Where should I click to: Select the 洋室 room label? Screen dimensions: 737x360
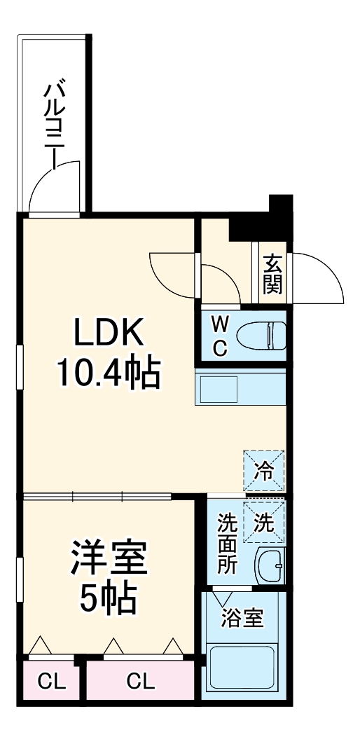click(109, 558)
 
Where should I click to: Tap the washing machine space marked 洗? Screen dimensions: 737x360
click(265, 522)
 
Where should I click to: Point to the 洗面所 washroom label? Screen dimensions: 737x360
click(226, 544)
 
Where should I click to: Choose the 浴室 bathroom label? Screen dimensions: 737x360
click(242, 619)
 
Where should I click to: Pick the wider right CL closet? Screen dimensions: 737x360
click(141, 680)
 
